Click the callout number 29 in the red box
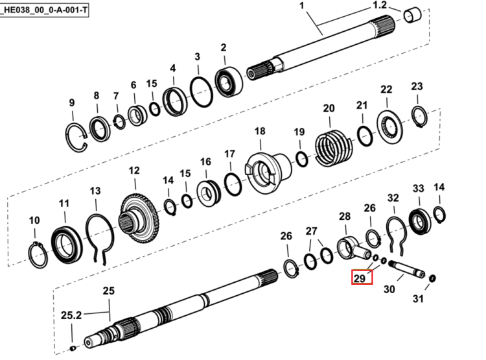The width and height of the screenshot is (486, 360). click(x=360, y=278)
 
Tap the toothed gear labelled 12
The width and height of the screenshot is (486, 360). click(x=140, y=219)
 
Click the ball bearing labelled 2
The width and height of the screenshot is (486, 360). click(x=229, y=82)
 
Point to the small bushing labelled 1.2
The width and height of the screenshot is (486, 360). click(x=413, y=16)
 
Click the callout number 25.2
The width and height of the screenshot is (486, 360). click(x=71, y=315)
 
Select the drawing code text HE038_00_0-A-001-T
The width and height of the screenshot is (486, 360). click(x=45, y=10)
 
